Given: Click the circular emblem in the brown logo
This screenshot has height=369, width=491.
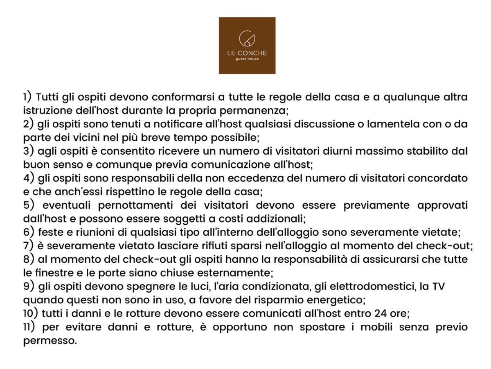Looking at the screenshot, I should pyautogui.click(x=247, y=39).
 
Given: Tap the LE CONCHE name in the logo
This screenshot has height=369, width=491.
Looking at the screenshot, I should pyautogui.click(x=247, y=53).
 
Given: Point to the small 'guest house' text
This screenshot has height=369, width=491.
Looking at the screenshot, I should pyautogui.click(x=247, y=59).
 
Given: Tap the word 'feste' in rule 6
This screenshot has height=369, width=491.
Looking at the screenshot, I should pyautogui.click(x=50, y=232).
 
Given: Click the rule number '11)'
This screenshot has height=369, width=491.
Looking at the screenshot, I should pyautogui.click(x=30, y=327).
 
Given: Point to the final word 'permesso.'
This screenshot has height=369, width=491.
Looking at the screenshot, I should pyautogui.click(x=50, y=341).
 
